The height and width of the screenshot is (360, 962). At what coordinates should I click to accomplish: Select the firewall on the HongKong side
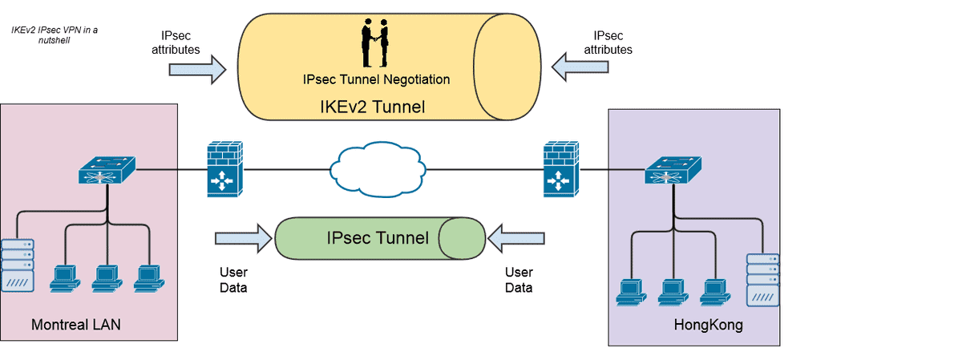(560, 169)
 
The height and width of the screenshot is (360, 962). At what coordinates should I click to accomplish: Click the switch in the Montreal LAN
(107, 171)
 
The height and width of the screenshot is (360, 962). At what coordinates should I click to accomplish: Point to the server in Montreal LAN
(18, 265)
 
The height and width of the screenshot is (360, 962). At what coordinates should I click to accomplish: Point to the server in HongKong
(762, 280)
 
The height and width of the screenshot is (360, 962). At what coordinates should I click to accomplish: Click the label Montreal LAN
(75, 325)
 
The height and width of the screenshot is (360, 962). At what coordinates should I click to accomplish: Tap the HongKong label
(709, 326)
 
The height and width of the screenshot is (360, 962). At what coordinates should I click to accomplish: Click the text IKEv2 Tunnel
(374, 107)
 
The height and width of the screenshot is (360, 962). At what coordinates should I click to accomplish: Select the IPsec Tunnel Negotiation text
(376, 79)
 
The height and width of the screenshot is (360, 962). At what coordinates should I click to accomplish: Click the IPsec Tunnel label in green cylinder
(378, 237)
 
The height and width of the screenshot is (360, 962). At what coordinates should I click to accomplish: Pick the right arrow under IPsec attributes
(584, 70)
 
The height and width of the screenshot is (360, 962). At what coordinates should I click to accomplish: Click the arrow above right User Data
(516, 238)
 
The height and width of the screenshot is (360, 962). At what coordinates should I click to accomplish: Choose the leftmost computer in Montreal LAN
(63, 277)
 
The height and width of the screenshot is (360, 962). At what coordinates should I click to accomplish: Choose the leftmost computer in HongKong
(631, 293)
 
